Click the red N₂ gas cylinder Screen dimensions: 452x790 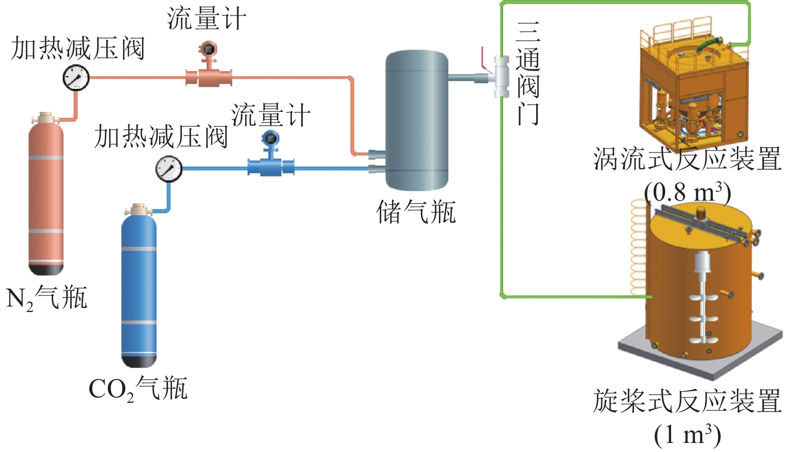point(46,196)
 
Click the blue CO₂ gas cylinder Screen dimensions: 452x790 point(139,286)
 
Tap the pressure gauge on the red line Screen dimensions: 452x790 point(76,78)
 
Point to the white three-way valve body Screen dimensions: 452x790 point(501,77)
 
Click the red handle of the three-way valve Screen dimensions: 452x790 point(484,58)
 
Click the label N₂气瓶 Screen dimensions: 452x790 point(47,298)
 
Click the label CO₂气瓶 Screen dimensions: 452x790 point(138,389)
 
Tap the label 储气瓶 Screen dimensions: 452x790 point(416,212)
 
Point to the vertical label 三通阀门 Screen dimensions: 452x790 point(528,73)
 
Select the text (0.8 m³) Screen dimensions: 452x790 point(687,193)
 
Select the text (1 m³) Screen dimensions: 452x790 point(687,434)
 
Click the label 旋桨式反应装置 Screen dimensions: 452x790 point(687,401)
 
